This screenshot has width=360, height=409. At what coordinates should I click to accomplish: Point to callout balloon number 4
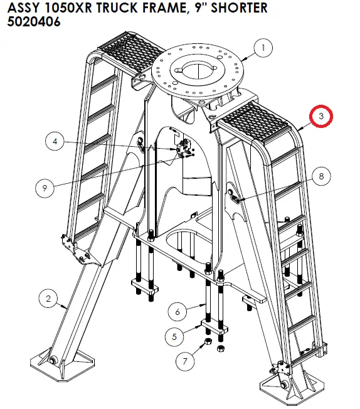click(56, 142)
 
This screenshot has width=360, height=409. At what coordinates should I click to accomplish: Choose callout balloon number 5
click(175, 336)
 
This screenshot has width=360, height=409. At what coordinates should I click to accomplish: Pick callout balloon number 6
click(177, 311)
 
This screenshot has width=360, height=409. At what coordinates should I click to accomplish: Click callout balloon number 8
click(321, 178)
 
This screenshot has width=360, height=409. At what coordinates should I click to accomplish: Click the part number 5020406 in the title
click(34, 22)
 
